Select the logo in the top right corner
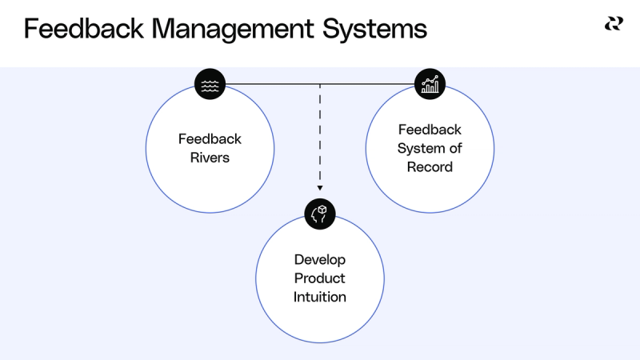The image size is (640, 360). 614,24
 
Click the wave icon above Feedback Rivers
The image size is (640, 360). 210,83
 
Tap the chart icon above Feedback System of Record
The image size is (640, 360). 430,83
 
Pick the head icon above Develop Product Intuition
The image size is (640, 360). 320,213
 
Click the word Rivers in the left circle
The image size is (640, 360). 210,158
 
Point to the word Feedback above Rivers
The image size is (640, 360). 210,139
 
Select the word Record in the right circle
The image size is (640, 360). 430,167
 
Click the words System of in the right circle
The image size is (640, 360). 430,148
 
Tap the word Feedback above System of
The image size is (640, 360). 430,130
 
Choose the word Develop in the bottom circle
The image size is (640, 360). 320,259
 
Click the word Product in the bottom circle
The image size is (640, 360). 320,278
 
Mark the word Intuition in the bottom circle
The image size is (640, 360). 320,297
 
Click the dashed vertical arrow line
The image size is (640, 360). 320,136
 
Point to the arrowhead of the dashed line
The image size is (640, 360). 320,189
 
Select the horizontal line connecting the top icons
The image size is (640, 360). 272,83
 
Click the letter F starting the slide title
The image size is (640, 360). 30,30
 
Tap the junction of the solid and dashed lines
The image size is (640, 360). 320,83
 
